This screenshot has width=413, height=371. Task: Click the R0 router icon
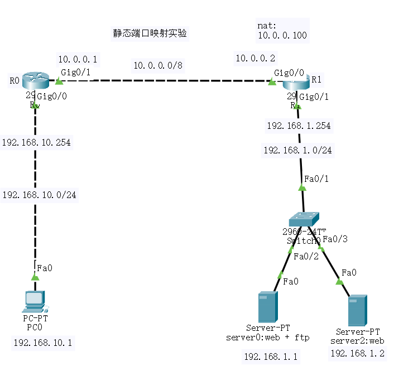36,82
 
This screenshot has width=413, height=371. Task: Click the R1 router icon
295,83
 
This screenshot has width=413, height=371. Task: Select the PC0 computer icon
35,301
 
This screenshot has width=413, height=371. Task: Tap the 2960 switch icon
304,219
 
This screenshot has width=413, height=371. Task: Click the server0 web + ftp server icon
267,306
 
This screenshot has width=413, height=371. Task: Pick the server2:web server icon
357,311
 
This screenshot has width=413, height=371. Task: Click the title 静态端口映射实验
150,33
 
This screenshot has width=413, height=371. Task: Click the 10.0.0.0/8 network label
158,66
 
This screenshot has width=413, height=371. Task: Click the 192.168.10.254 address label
37,142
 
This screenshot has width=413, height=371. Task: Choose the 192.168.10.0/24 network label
40,195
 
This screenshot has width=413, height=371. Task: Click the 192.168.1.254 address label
299,126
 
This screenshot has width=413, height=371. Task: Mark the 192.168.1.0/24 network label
297,150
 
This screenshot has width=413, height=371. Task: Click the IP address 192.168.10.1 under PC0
42,343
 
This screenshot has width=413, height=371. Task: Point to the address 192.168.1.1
271,356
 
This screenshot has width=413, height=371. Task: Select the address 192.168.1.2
357,353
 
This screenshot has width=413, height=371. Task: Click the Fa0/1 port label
316,179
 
